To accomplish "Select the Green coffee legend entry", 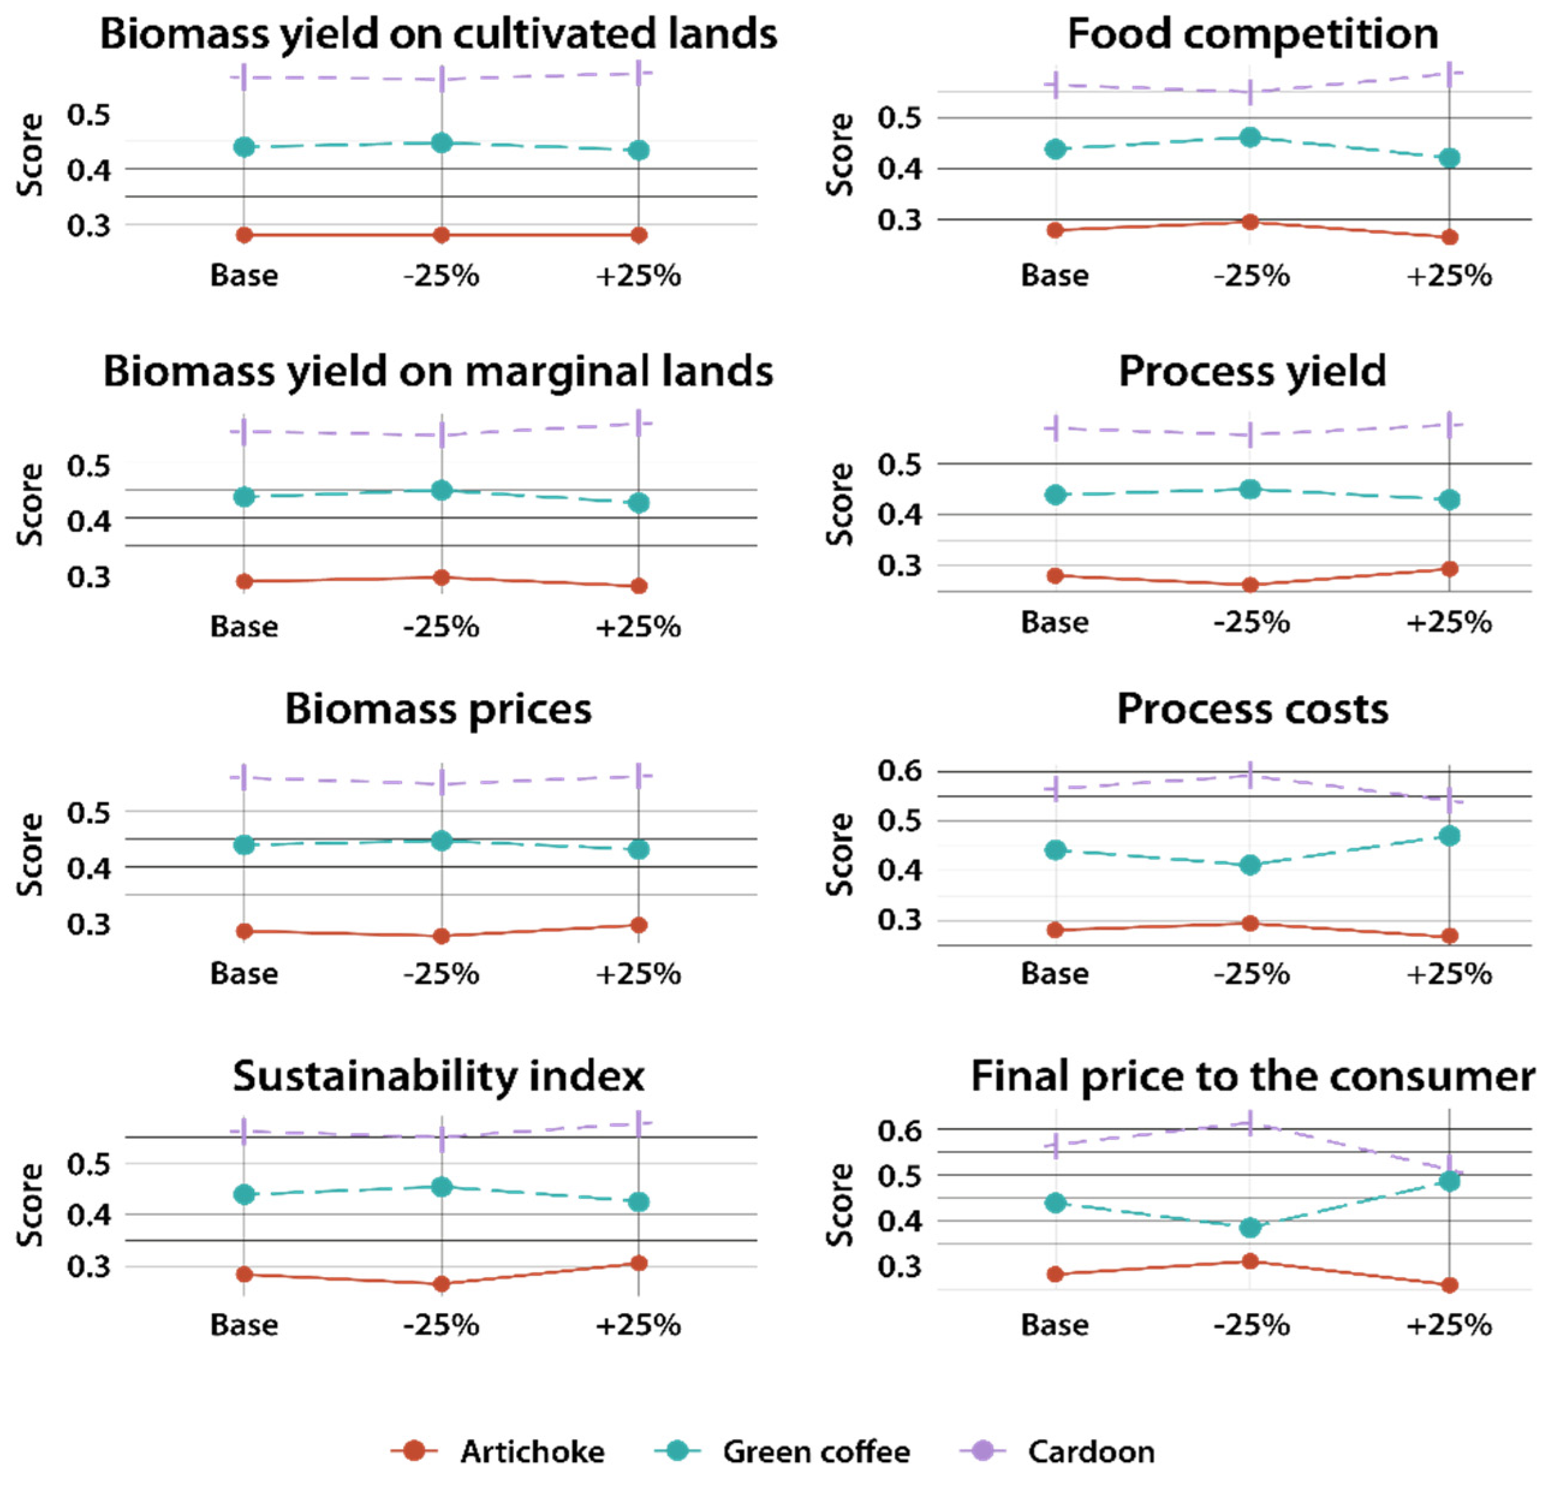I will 815,1451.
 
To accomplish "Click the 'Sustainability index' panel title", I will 439,1075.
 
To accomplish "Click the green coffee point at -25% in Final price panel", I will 1250,1227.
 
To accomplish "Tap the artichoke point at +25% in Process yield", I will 1449,569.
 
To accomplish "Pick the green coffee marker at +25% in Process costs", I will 1449,836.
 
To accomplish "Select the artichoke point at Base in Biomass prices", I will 245,931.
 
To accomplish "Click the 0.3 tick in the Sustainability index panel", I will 88,1266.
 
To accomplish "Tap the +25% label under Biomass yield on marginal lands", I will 638,627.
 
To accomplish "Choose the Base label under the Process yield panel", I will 1054,622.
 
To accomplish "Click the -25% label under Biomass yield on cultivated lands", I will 441,275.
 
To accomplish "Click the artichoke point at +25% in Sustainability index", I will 639,1263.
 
